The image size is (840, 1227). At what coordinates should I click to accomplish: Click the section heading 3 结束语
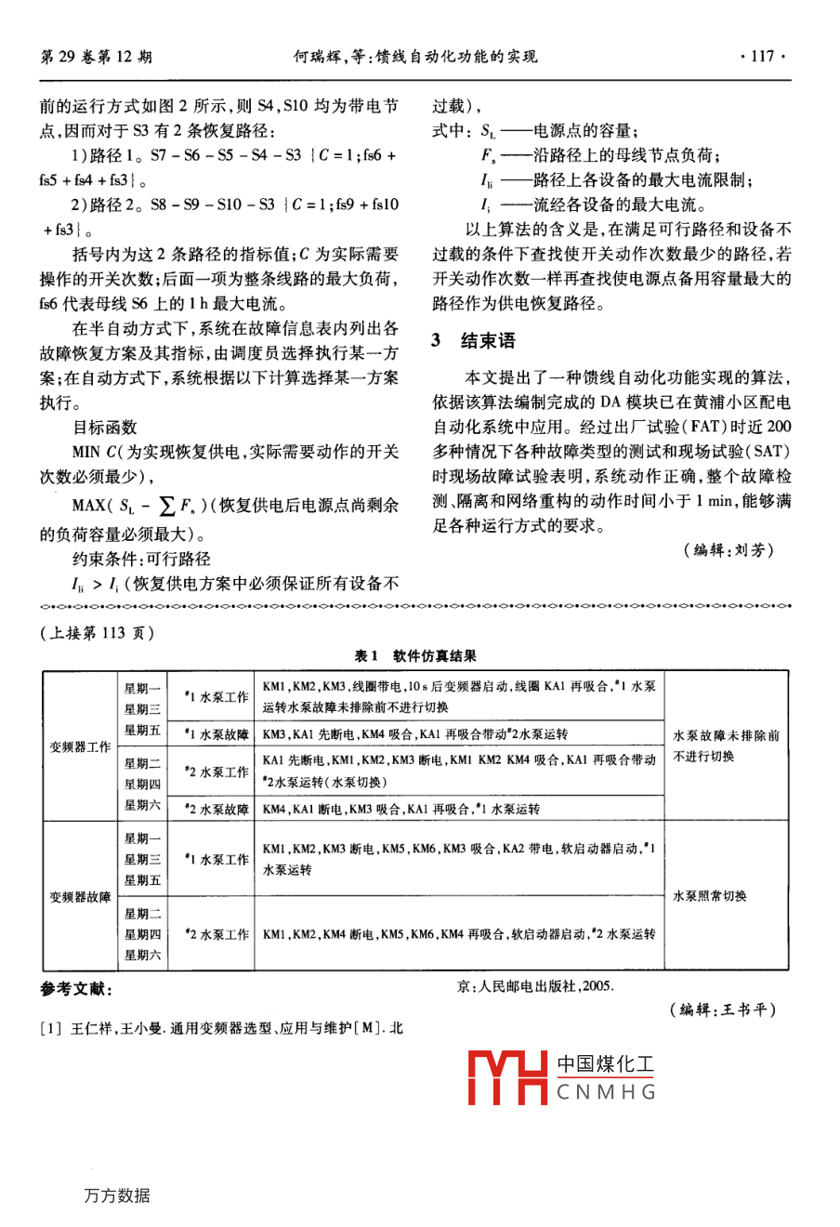click(x=473, y=341)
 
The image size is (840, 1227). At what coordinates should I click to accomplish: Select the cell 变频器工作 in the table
click(x=80, y=746)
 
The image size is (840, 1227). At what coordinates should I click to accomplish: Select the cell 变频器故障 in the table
click(x=80, y=897)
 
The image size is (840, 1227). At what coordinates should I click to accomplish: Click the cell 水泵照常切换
click(x=710, y=897)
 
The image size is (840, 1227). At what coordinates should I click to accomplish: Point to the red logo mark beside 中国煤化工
click(x=506, y=1077)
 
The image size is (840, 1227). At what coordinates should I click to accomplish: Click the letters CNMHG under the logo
click(x=607, y=1092)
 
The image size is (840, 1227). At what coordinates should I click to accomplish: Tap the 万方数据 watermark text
click(x=116, y=1195)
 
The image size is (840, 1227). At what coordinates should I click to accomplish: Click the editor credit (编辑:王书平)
click(x=722, y=1009)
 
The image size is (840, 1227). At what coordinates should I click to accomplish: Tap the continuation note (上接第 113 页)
click(x=98, y=633)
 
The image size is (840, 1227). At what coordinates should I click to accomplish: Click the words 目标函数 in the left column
click(x=104, y=428)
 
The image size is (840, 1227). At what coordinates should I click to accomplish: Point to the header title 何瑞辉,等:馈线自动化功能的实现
click(x=414, y=57)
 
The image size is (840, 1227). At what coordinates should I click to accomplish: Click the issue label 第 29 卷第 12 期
click(x=97, y=57)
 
